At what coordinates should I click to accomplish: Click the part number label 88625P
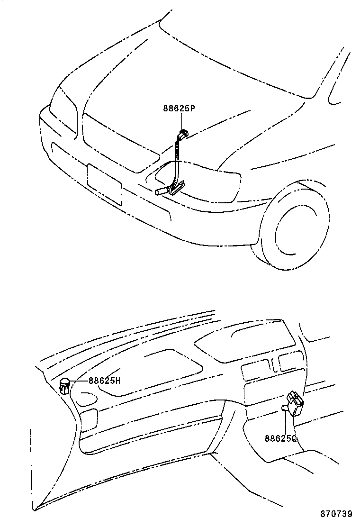pos(180,109)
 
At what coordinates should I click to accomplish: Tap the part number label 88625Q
pos(280,439)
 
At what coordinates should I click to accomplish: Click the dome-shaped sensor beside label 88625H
pos(65,385)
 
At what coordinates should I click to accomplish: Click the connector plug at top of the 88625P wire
pos(182,134)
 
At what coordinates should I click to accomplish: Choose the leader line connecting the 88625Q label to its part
pos(286,422)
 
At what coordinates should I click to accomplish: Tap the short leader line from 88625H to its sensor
pos(79,381)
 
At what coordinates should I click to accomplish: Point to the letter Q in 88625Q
pos(294,439)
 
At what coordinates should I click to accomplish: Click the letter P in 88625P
pos(193,109)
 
